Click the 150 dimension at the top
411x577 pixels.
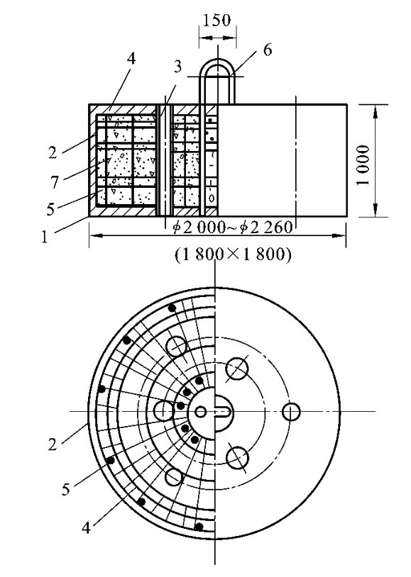[217, 21]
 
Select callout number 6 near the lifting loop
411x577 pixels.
[268, 50]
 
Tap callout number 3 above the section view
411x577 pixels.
[177, 67]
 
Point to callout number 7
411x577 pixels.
[55, 182]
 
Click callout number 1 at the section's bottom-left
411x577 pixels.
[45, 237]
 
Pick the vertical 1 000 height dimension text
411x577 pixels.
[363, 165]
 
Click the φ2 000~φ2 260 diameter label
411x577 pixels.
[233, 228]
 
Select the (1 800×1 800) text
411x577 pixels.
[233, 254]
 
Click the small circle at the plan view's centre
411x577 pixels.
[200, 411]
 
